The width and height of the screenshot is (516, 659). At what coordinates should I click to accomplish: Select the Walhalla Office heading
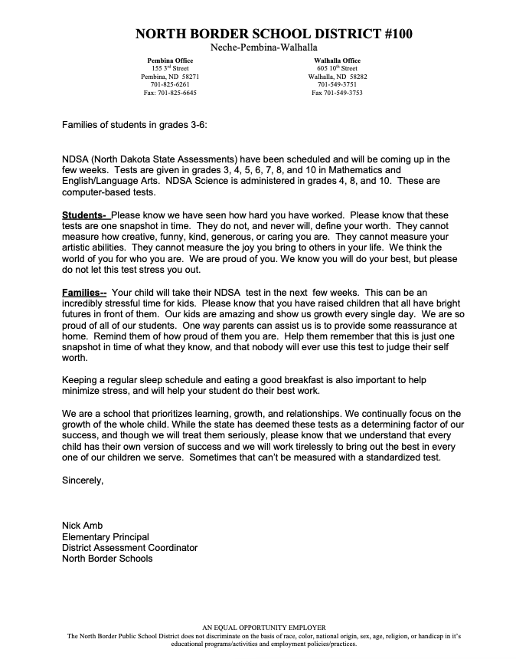337,60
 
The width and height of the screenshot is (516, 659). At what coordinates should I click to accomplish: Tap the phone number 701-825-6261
170,84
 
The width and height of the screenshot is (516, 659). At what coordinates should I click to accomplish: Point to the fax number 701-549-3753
337,93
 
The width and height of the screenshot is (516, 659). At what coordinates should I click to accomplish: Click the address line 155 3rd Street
170,68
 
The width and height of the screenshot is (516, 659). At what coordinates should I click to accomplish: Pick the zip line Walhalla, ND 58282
337,77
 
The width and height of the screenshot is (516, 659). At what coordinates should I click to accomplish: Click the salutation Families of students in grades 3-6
134,124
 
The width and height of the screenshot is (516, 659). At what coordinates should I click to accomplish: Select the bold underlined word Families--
84,292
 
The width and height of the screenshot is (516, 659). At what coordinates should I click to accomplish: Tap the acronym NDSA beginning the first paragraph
75,159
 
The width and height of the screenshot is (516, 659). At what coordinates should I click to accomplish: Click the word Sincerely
82,480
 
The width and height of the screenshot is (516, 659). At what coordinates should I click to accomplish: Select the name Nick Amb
82,526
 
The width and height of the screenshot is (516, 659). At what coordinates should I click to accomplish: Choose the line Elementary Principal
106,536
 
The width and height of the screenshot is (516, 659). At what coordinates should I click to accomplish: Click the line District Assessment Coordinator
129,548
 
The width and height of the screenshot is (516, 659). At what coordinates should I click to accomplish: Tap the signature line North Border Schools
107,559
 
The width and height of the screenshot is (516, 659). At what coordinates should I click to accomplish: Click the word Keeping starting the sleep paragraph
81,379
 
